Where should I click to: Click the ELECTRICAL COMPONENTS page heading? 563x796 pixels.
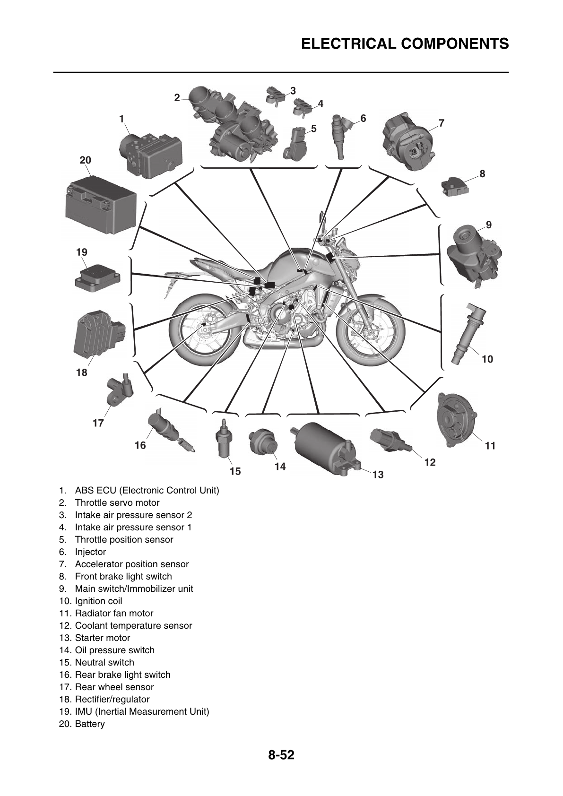[x=405, y=44]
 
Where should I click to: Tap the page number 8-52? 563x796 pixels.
[x=281, y=755]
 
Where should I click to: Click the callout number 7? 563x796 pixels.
[x=441, y=123]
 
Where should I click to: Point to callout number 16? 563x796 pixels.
[x=140, y=445]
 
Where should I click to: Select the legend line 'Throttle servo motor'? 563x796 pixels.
[x=117, y=502]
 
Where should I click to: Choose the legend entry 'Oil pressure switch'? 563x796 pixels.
[x=114, y=650]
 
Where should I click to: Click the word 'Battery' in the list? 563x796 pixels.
[x=90, y=724]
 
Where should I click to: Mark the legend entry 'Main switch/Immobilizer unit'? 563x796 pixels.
[x=134, y=588]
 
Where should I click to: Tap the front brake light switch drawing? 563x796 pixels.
[x=454, y=186]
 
